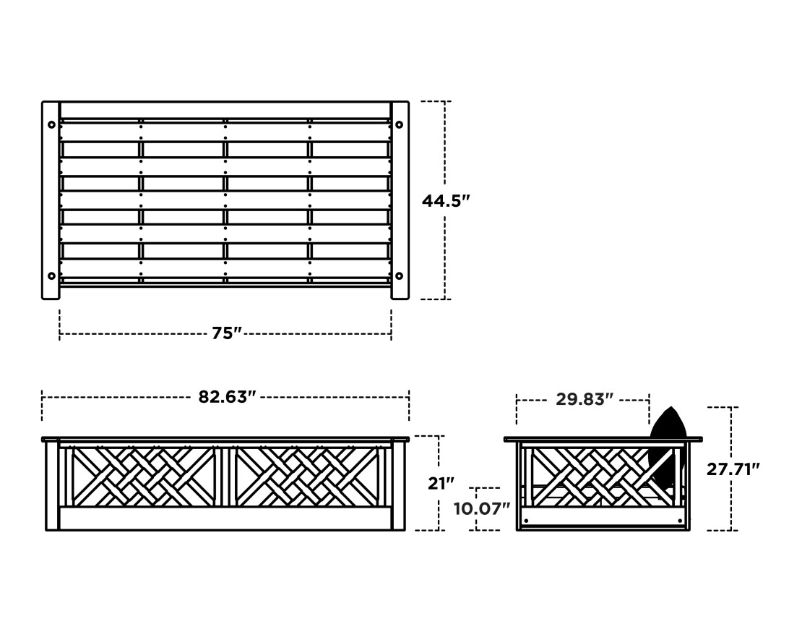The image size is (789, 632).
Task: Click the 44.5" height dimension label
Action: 446,200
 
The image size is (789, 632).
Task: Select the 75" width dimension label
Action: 226,333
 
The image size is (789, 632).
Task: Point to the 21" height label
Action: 441,483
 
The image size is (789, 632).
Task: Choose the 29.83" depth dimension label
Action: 585,399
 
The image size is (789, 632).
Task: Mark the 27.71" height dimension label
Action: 733,469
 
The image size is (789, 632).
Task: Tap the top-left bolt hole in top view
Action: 51,124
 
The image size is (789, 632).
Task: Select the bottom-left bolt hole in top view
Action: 51,276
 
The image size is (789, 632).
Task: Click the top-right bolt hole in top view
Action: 400,124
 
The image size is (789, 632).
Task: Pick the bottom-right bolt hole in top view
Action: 400,276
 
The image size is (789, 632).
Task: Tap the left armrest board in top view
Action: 51,200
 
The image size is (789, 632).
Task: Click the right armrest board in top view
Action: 400,200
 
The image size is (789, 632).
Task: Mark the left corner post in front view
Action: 52,485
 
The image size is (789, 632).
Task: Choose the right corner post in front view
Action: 398,485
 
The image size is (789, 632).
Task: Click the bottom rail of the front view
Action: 225,518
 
